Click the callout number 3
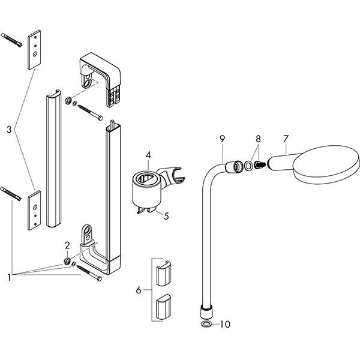point(9,128)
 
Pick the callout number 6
point(139,290)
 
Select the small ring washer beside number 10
point(206,325)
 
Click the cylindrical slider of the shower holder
point(145,188)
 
